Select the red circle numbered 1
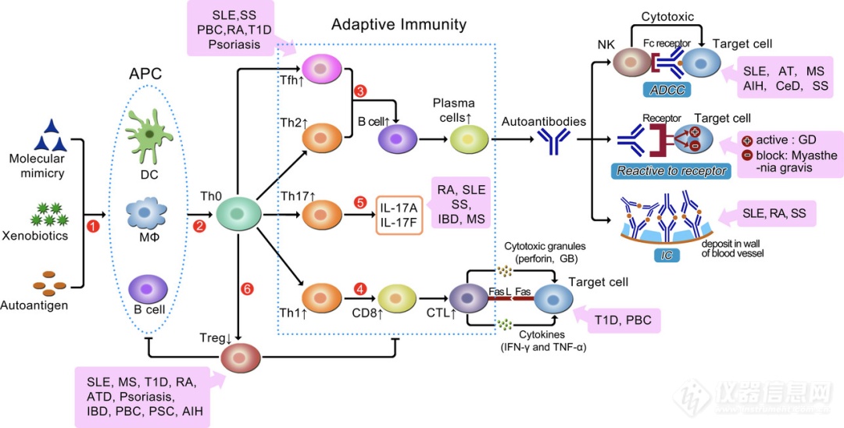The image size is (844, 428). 94,226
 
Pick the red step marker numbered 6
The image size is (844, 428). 247,289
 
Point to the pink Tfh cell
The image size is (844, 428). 324,70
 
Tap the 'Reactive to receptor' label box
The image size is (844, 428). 672,170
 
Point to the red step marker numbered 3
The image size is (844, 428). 360,91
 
